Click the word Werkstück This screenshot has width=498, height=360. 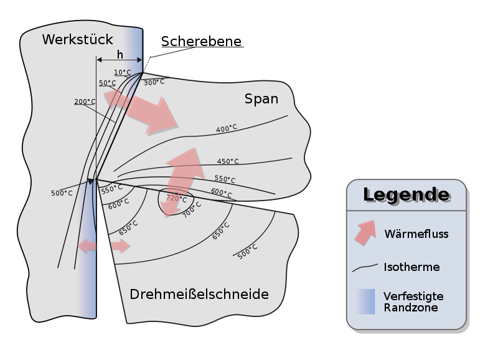[x=77, y=40]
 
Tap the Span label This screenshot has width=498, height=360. [x=261, y=99]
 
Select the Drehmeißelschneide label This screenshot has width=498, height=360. [x=199, y=294]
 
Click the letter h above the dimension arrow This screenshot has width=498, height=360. [x=120, y=54]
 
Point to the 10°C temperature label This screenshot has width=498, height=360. [x=123, y=72]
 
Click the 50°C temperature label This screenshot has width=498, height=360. [x=107, y=83]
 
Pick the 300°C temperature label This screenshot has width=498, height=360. [x=154, y=82]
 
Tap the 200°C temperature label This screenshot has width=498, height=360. [x=85, y=102]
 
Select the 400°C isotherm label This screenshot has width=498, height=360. [x=227, y=128]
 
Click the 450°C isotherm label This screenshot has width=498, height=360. [x=228, y=161]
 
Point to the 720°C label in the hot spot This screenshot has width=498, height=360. [x=176, y=198]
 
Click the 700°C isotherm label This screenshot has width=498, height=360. [x=192, y=209]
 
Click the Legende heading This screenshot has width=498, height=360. [x=406, y=195]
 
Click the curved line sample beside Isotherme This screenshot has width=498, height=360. [x=365, y=268]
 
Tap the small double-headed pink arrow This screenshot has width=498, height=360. [x=104, y=246]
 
